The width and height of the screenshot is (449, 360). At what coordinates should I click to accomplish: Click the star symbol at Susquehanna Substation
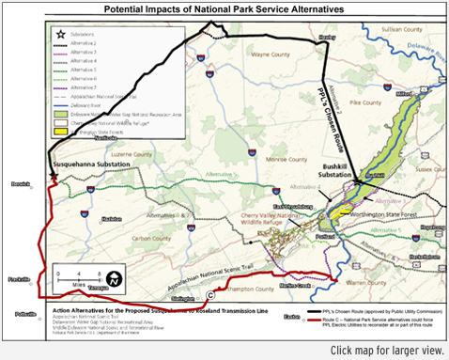coord(54,174)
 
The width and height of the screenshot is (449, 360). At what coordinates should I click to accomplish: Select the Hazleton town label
coord(112,218)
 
